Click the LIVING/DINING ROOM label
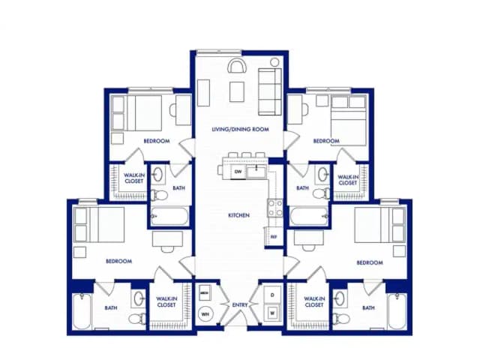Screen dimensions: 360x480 tap(239, 130)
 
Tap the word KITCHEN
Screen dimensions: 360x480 tap(239, 215)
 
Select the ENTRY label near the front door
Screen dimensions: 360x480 tap(240, 304)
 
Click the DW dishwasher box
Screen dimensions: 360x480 tap(238, 172)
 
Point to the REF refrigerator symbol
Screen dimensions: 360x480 tap(275, 238)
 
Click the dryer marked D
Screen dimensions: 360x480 tap(273, 294)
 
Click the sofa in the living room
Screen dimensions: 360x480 tap(268, 91)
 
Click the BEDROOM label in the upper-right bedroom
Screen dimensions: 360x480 tap(326, 141)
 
